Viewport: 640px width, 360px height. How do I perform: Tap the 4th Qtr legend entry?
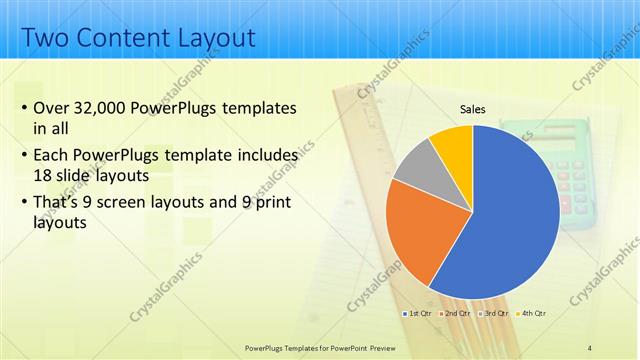click(x=532, y=314)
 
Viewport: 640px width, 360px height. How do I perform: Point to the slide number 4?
click(x=589, y=347)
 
